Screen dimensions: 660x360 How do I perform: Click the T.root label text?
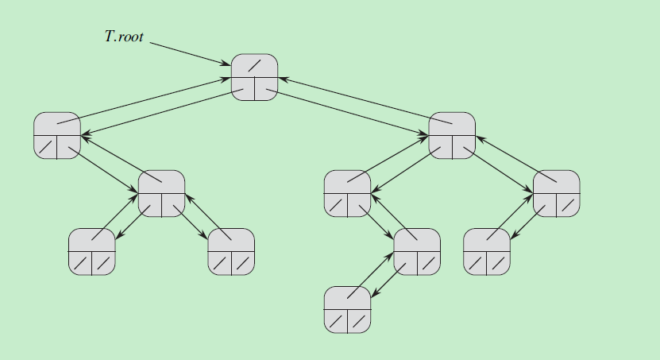(x=124, y=37)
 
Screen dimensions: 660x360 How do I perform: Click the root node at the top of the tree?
(x=254, y=77)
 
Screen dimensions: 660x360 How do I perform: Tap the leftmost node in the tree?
(x=57, y=135)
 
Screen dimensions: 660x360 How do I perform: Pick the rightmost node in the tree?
(x=556, y=193)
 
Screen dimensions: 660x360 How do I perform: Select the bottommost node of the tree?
(x=347, y=309)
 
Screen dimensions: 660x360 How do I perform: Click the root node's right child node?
(x=451, y=135)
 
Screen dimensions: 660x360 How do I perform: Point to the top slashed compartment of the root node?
(x=254, y=66)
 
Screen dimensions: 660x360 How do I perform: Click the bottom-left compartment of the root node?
(x=243, y=89)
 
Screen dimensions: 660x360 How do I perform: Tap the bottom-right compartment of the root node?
(x=266, y=89)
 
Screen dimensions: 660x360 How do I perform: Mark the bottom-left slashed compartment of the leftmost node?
(x=46, y=147)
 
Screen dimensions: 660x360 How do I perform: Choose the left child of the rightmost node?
(x=486, y=251)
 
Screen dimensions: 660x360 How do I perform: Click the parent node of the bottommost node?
(x=417, y=251)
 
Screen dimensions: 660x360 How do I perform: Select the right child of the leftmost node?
(x=161, y=193)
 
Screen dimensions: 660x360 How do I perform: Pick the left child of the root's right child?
(x=347, y=193)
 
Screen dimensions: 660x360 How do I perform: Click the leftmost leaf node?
(x=91, y=251)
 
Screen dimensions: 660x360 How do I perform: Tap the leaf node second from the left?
(x=231, y=251)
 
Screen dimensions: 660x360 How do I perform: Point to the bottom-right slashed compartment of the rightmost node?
(x=568, y=205)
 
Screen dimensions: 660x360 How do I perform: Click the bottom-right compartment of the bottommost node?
(x=359, y=321)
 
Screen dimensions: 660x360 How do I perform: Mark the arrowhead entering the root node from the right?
(x=282, y=79)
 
